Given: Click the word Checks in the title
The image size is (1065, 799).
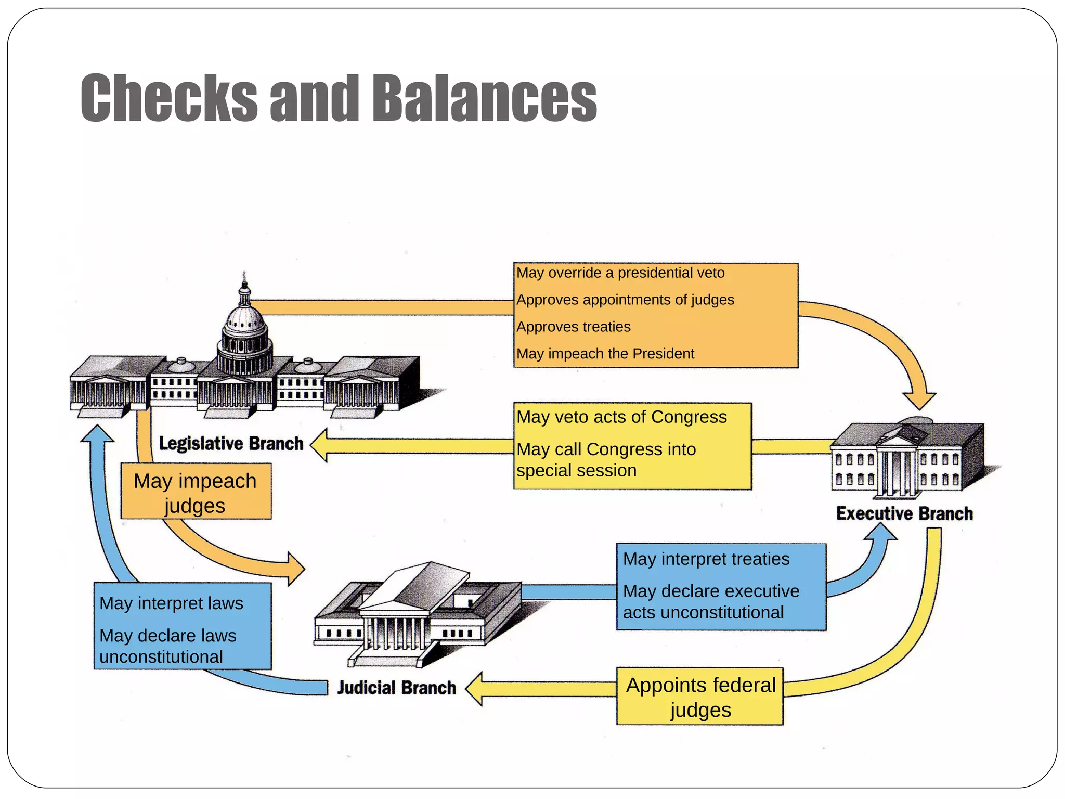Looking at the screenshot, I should pyautogui.click(x=169, y=99).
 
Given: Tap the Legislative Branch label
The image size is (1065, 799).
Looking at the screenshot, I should pyautogui.click(x=231, y=444).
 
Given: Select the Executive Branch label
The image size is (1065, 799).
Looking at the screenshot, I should pyautogui.click(x=904, y=513).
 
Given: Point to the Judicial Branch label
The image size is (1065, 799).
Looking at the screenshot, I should pyautogui.click(x=396, y=688).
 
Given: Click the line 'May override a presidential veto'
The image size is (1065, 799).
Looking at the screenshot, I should pyautogui.click(x=620, y=273).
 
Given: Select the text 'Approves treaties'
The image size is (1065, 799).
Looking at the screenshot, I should pyautogui.click(x=573, y=327).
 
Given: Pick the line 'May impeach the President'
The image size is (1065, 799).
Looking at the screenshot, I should pyautogui.click(x=605, y=354).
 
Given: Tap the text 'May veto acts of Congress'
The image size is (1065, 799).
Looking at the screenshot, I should pyautogui.click(x=621, y=417).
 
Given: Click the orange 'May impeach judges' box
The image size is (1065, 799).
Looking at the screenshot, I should pyautogui.click(x=196, y=492).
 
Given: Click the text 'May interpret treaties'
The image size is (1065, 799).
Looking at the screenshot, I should pyautogui.click(x=706, y=559).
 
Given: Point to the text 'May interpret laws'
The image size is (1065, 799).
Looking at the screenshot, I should pyautogui.click(x=171, y=603).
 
